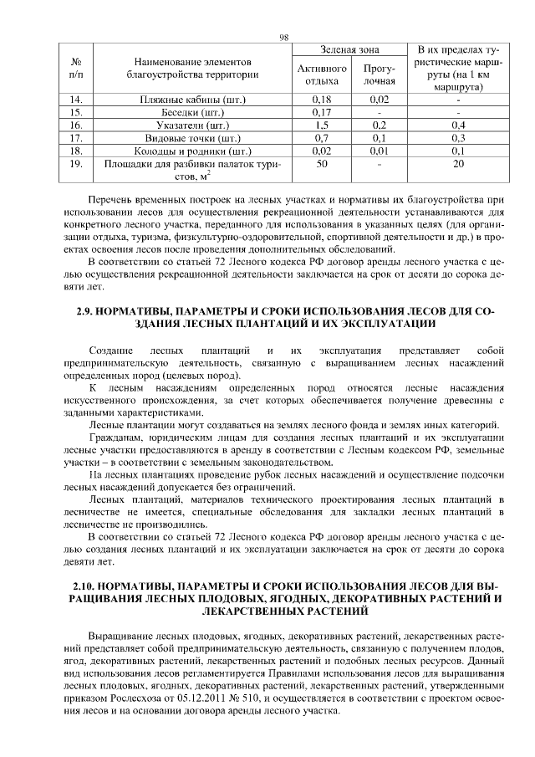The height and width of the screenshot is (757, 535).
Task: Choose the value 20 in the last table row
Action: pos(457,164)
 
